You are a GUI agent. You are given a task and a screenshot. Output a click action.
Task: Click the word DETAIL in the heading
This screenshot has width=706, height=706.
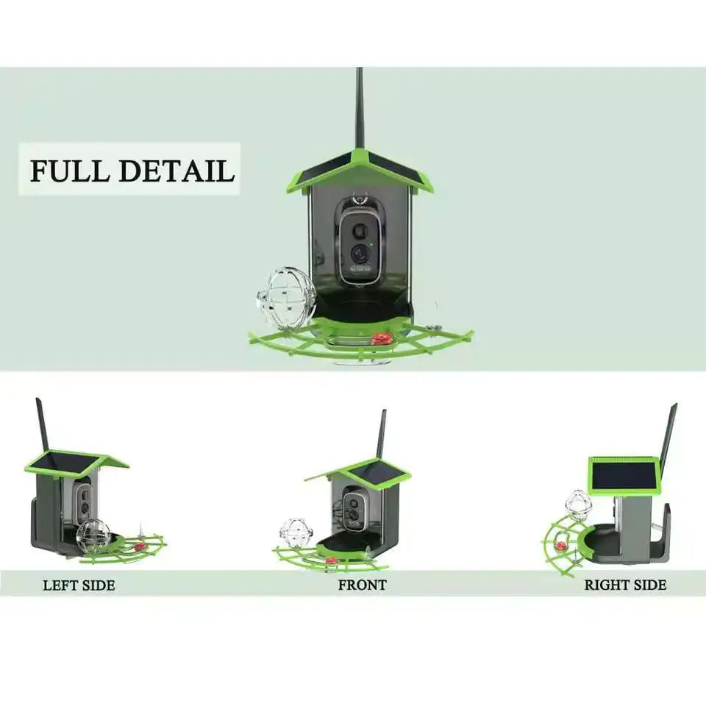tap(176, 170)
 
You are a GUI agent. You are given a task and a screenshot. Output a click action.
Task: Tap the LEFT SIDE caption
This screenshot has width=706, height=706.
tap(79, 585)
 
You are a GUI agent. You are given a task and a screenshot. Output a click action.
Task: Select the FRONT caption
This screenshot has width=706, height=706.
tap(362, 585)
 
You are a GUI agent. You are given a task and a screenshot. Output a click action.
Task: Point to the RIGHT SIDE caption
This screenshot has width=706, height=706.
tap(625, 585)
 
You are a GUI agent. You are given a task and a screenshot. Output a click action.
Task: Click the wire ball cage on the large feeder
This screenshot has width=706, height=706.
tap(286, 298)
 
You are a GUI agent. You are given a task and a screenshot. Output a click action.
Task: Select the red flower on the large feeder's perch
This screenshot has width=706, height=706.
tap(381, 338)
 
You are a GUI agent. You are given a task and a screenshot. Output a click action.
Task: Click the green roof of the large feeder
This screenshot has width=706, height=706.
tap(360, 168)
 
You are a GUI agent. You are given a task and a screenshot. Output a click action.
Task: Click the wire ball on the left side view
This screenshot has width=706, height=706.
tap(93, 536)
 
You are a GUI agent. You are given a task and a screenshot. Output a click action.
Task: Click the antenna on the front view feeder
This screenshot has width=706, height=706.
tap(381, 434)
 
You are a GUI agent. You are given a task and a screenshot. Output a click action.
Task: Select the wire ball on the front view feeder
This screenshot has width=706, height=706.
tap(296, 532)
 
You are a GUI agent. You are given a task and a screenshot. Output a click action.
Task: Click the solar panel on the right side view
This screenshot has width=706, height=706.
tap(624, 475)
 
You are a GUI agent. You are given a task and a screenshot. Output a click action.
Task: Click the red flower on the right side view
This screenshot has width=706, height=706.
tap(561, 546)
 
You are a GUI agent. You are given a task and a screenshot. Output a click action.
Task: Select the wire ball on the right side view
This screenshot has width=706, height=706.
tap(579, 504)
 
